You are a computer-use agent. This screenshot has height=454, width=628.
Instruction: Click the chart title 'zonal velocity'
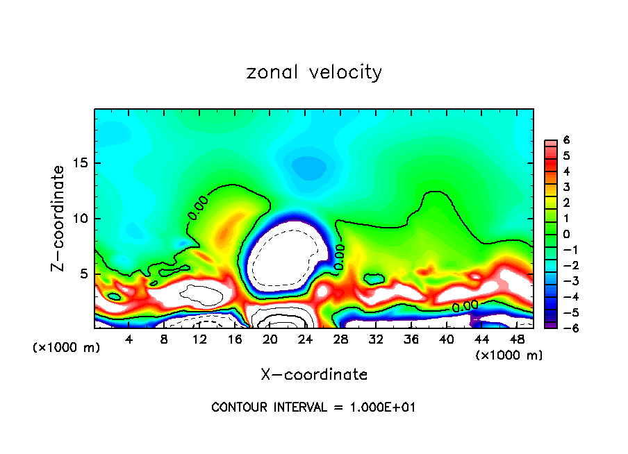314,72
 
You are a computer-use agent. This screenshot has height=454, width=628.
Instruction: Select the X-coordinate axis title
314,375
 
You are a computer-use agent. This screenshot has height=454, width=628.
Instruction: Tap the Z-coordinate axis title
60,218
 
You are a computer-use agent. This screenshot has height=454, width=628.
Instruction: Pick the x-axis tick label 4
129,339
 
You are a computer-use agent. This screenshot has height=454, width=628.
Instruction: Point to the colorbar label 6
566,140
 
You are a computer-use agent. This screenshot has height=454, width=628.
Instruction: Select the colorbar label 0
566,234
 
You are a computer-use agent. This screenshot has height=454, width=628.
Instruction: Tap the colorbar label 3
566,187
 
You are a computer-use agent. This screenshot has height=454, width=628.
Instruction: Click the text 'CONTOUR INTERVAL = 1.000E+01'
314,407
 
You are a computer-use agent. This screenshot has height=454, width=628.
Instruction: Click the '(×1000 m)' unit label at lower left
67,348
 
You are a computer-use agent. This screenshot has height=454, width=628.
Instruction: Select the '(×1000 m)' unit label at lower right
509,355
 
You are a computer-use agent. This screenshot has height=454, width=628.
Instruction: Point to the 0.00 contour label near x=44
465,305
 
